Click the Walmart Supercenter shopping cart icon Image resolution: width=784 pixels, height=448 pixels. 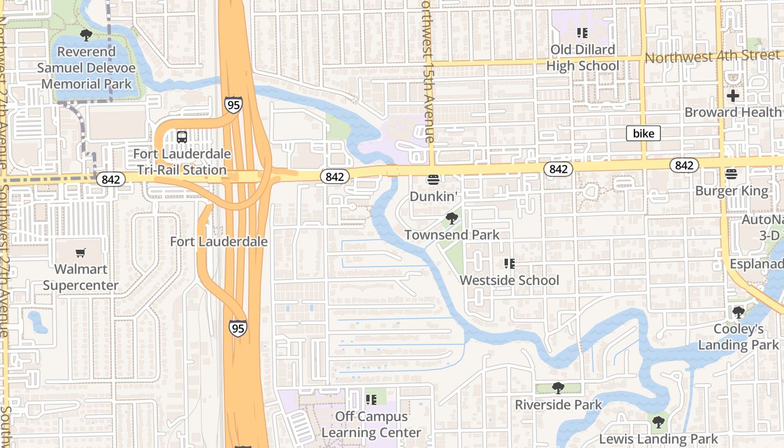point(81,253)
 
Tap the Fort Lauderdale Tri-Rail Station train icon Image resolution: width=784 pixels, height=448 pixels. point(182,137)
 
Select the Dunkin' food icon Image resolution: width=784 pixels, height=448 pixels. point(433,180)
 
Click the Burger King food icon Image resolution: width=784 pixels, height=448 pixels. point(731,174)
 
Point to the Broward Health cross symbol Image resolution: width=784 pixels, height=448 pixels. point(732,96)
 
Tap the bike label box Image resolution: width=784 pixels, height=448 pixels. point(643,133)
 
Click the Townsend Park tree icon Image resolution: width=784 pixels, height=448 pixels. point(451,218)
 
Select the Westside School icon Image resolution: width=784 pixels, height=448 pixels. point(509,263)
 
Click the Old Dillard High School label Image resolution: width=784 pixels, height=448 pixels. point(582,58)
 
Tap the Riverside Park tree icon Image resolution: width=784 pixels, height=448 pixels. point(558,388)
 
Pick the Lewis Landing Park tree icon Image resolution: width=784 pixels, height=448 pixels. point(659,422)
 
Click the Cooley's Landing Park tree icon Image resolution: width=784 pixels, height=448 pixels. point(738,312)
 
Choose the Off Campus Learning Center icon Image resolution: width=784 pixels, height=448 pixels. point(371,399)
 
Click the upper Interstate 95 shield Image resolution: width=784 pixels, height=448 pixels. point(234,104)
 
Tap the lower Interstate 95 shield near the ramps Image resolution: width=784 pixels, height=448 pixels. point(238,328)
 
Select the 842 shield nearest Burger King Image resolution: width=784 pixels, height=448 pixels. point(684,165)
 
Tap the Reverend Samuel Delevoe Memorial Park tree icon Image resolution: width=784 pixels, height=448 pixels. point(86,35)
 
